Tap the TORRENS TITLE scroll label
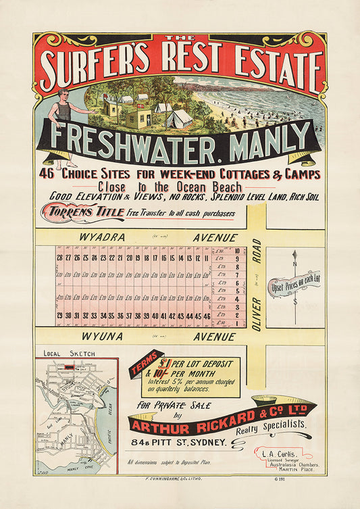tap(85, 213)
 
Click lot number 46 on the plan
tap(207, 316)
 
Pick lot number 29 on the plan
tap(60, 316)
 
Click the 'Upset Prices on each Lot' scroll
tap(294, 289)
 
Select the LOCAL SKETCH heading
tap(59, 354)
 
